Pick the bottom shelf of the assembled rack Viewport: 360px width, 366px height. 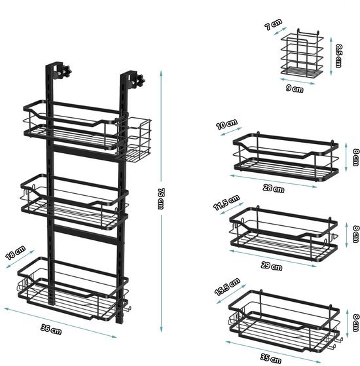pyautogui.click(x=72, y=294)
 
